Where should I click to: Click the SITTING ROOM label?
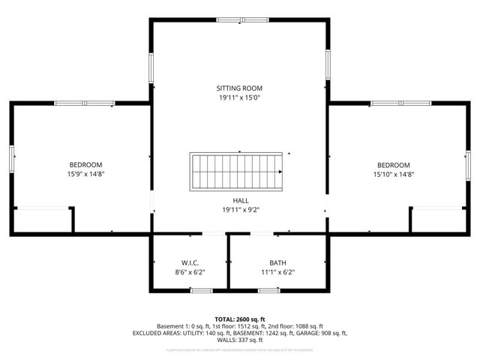point(240,88)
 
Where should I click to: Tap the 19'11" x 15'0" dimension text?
point(240,97)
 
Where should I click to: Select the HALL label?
point(240,200)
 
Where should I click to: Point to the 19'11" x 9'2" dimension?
point(240,210)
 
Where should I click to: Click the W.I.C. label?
point(189,262)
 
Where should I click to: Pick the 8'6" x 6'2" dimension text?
point(189,272)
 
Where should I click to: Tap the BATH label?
point(277,262)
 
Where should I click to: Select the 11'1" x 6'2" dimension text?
point(277,272)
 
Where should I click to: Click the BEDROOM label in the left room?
point(86,164)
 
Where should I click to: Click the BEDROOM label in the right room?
point(393,165)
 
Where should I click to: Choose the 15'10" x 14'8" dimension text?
point(393,174)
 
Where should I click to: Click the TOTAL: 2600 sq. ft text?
point(240,319)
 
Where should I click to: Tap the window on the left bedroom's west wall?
point(12,159)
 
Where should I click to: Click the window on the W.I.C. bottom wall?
point(201,289)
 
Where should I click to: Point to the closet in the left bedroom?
point(42,220)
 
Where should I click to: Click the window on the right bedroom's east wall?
point(468,165)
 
